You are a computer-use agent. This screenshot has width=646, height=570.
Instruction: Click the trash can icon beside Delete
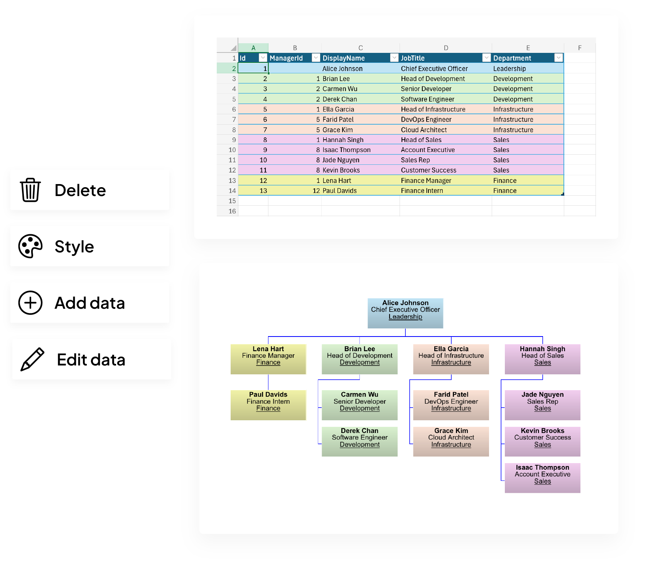point(30,190)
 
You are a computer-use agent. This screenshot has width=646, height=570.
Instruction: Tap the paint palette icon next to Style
point(30,246)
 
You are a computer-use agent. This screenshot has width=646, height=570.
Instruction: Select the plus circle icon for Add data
point(30,303)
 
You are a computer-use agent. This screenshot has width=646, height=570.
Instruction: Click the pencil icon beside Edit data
point(32,359)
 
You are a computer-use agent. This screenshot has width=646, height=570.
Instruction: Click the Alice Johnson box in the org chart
point(405,313)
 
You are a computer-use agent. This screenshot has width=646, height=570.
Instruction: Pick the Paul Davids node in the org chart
point(268,405)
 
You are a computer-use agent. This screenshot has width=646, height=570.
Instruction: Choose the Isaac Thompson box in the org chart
point(542,478)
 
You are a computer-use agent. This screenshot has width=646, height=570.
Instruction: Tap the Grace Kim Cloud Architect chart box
point(451,441)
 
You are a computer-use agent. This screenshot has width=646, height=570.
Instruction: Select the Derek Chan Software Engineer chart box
point(359,441)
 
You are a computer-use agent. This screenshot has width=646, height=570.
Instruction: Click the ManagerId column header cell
point(289,58)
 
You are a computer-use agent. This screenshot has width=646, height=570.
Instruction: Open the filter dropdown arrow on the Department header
point(558,58)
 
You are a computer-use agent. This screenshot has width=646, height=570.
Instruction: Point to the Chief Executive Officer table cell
point(434,69)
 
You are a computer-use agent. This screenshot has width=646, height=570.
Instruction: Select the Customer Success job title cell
point(428,170)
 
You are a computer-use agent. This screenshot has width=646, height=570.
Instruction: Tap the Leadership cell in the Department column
point(509,69)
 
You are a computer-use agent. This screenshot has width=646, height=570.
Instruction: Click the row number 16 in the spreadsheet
point(232,211)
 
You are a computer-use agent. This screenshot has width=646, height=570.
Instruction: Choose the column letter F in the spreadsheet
point(580,48)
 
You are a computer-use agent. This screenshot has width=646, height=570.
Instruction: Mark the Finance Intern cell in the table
point(422,191)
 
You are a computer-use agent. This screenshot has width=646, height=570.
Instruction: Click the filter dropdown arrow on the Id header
point(263,58)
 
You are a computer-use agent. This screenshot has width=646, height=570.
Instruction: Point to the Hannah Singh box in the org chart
point(542,359)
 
